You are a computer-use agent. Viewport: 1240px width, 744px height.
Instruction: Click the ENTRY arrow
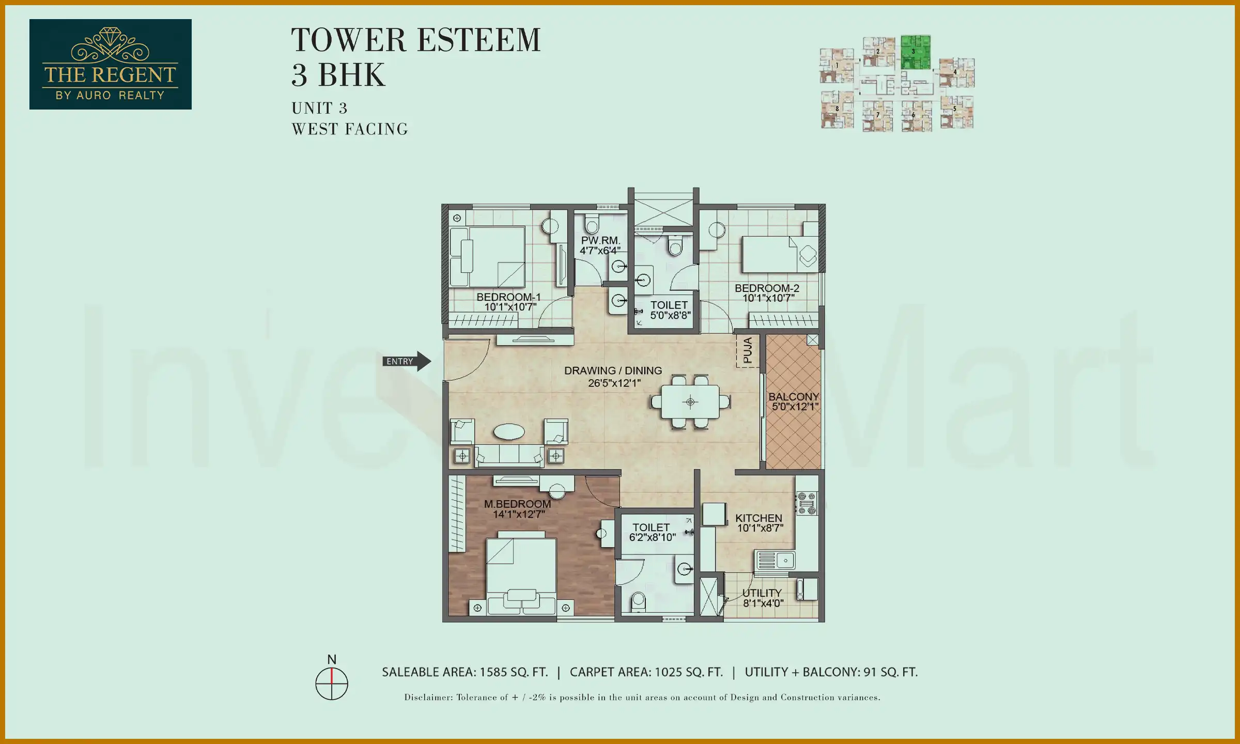[x=407, y=361]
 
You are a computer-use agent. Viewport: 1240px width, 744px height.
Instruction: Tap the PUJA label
[x=747, y=350]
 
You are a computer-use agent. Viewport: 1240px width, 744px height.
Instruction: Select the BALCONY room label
[x=794, y=397]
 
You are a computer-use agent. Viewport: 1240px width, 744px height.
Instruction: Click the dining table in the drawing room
[x=690, y=402]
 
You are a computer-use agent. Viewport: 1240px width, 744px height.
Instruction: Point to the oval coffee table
[x=509, y=431]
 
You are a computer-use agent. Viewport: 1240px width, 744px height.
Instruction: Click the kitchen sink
[x=776, y=560]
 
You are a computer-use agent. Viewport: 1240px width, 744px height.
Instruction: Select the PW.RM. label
[x=600, y=241]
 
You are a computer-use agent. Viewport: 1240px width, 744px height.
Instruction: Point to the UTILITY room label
[x=762, y=593]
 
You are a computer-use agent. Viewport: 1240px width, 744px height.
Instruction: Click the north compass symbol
[x=332, y=683]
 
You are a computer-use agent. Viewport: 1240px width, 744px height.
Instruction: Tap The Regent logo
[x=111, y=65]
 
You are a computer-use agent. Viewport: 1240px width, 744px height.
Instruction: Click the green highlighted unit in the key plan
[x=916, y=52]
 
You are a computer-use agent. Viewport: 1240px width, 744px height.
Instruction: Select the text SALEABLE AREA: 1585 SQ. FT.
[x=464, y=672]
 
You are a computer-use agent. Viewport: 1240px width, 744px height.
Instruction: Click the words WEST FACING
[x=350, y=129]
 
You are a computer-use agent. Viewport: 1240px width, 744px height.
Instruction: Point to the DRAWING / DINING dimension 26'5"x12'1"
[x=614, y=383]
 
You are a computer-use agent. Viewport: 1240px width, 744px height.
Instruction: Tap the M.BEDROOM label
[x=517, y=504]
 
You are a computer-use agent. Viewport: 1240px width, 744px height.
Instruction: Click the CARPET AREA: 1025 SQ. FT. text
[x=646, y=672]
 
